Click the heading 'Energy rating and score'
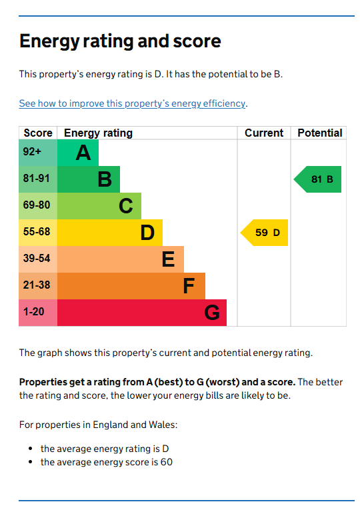(x=120, y=41)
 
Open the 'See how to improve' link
(x=133, y=103)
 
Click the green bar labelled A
(x=78, y=153)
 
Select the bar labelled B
(x=89, y=179)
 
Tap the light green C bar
(x=99, y=206)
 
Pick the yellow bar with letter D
(x=110, y=233)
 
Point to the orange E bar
(x=121, y=259)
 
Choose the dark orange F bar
(x=131, y=286)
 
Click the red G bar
(x=142, y=313)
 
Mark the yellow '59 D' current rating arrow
(x=265, y=233)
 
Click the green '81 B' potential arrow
(x=318, y=179)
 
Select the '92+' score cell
(x=38, y=153)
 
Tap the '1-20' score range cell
(x=38, y=313)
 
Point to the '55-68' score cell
(x=38, y=233)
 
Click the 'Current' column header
(x=264, y=133)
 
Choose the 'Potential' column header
(x=319, y=133)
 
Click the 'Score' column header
(x=38, y=133)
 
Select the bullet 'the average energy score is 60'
(x=107, y=462)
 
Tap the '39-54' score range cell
(x=38, y=259)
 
